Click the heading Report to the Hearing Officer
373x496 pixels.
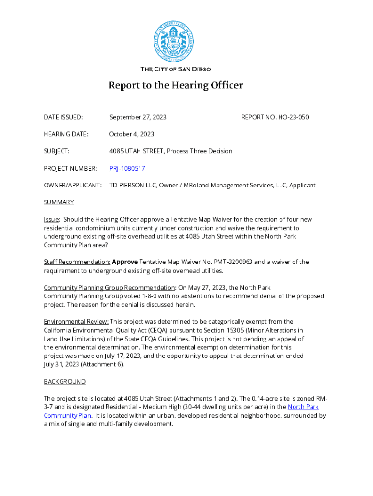tap(175, 86)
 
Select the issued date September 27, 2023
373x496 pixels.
tap(138, 117)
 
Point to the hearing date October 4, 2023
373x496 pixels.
tap(131, 134)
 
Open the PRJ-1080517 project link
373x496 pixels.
tap(127, 168)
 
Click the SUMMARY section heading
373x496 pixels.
tap(59, 202)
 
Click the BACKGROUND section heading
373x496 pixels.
tap(64, 382)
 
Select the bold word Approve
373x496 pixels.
tap(125, 262)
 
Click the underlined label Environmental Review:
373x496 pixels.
tap(76, 322)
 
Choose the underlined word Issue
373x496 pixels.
tap(51, 219)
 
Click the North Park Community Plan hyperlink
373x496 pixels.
tap(303, 407)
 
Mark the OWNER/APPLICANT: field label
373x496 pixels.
tap(73, 185)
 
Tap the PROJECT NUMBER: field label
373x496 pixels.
tap(70, 168)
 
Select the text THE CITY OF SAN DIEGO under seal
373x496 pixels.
tap(175, 69)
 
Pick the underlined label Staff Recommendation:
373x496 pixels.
tap(77, 262)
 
